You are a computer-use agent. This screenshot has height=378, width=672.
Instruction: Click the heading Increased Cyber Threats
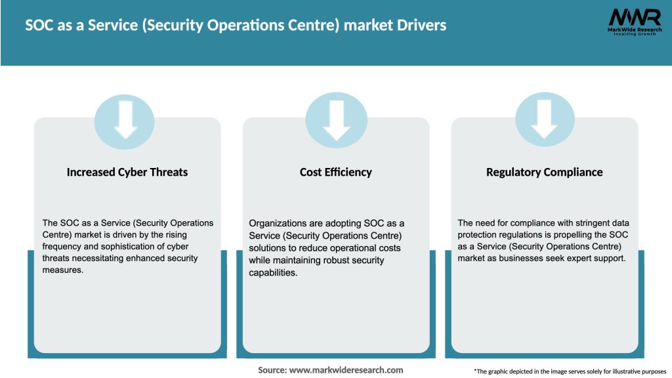point(127,173)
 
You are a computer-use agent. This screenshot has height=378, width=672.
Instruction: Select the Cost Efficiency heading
point(335,173)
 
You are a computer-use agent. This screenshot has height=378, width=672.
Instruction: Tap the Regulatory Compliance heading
point(544,173)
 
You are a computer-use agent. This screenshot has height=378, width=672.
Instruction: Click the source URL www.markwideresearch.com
point(346,370)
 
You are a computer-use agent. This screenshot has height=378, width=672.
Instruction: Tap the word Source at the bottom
point(272,370)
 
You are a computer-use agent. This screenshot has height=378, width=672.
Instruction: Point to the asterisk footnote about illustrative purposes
point(570,371)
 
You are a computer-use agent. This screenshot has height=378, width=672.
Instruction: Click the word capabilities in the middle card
point(273,272)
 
